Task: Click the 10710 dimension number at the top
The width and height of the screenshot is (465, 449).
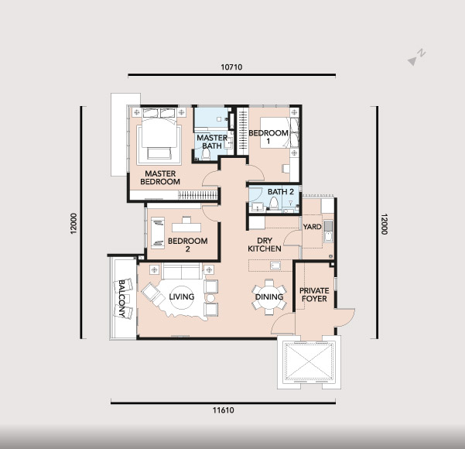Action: click(231, 67)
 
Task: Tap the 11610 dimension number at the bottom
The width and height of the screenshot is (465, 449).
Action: click(224, 410)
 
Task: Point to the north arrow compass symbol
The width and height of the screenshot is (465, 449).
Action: click(416, 57)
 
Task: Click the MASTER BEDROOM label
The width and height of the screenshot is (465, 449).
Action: click(160, 177)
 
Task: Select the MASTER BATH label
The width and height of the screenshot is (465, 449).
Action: click(212, 142)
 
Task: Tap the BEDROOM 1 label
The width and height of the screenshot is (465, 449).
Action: click(268, 137)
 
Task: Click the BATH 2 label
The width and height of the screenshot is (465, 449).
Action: click(281, 192)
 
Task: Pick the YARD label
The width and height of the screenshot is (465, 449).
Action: click(313, 227)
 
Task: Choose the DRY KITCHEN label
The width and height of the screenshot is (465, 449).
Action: click(265, 245)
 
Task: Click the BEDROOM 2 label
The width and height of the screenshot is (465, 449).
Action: click(188, 245)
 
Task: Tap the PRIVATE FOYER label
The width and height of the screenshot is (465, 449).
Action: click(314, 294)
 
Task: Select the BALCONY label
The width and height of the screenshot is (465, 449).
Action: click(121, 298)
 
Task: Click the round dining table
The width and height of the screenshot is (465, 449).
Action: click(269, 296)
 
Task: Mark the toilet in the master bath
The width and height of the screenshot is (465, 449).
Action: click(206, 154)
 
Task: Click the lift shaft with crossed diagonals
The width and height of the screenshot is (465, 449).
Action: click(309, 362)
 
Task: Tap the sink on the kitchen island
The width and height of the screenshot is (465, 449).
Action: click(275, 266)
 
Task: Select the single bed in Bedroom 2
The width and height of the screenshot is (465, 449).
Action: click(158, 233)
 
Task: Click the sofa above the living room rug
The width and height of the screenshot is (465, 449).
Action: click(181, 271)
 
